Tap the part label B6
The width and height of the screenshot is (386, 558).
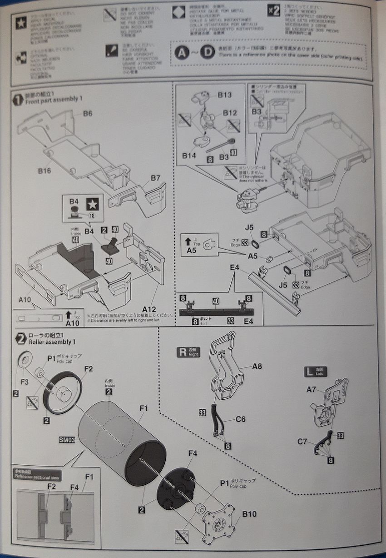pos(88,113)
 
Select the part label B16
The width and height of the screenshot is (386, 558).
pos(44,171)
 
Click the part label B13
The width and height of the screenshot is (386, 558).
pos(224,95)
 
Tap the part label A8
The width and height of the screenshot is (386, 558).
pos(257,366)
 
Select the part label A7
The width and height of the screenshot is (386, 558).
pos(311,389)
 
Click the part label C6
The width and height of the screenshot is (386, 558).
pos(241,419)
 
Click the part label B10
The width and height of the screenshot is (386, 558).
pos(249,514)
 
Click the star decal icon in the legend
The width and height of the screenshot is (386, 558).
pos(21,24)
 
